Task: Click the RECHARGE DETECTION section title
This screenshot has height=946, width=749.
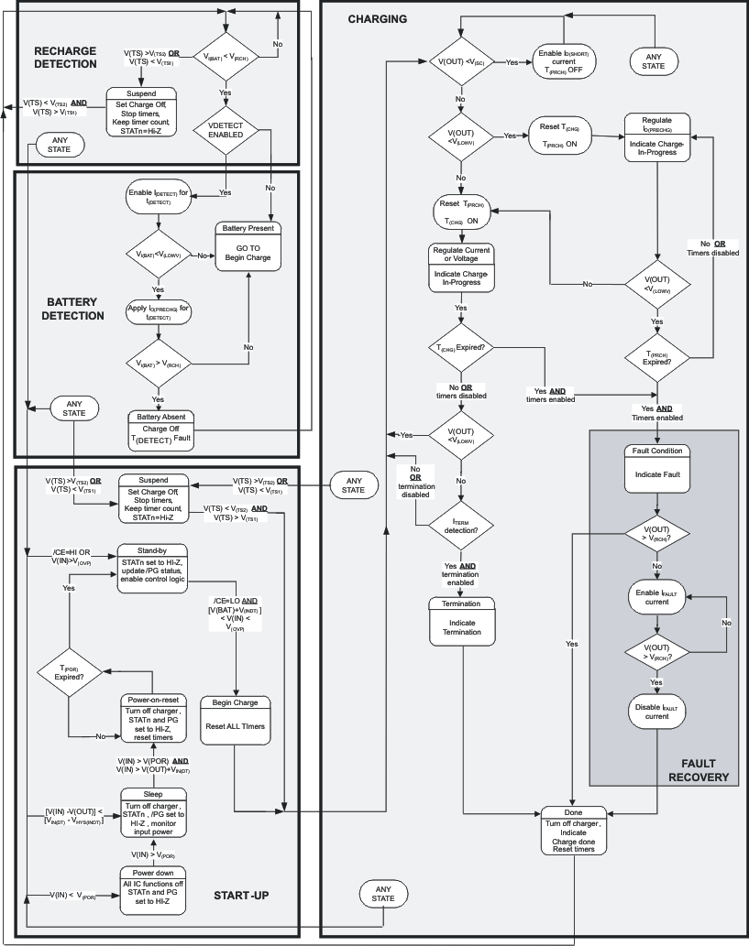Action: pyautogui.click(x=65, y=57)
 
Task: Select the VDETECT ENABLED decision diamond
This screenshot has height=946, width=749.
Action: pyautogui.click(x=226, y=128)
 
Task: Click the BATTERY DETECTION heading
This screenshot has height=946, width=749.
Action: pyautogui.click(x=75, y=308)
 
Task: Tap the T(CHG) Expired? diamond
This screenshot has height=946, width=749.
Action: pyautogui.click(x=461, y=348)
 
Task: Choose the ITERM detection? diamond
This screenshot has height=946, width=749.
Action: pyautogui.click(x=461, y=524)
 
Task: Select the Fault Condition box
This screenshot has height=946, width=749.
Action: pyautogui.click(x=657, y=468)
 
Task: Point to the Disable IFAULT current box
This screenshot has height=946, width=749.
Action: pyautogui.click(x=657, y=711)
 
